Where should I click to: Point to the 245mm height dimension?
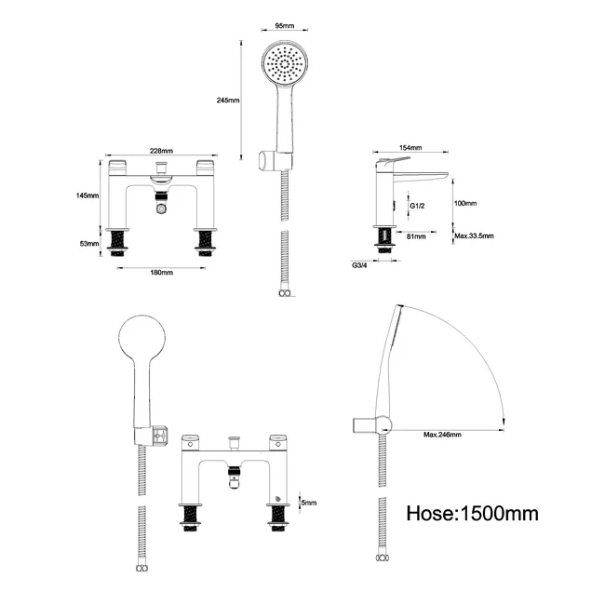[227, 101]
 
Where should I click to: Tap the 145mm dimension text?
[87, 195]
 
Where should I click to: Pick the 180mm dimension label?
[161, 272]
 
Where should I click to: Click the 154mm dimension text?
[410, 148]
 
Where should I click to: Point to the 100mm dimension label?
[465, 203]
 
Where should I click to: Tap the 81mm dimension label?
[416, 237]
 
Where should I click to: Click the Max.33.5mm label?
[475, 237]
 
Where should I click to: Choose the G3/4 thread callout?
[359, 266]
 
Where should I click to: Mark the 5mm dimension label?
[306, 503]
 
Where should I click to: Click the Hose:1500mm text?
[473, 513]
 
